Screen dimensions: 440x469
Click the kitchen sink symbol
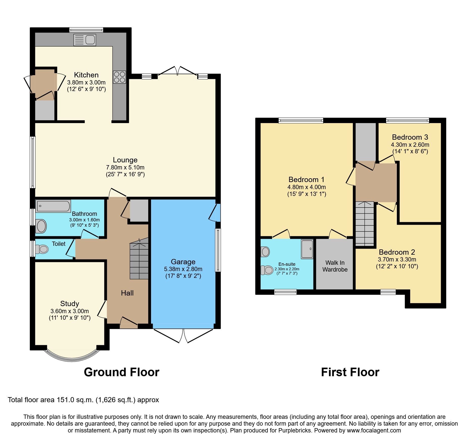pyautogui.click(x=85, y=40)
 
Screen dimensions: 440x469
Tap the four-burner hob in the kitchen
pyautogui.click(x=119, y=77)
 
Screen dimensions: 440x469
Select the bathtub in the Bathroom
pyautogui.click(x=53, y=206)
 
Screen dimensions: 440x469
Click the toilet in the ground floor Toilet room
pyautogui.click(x=42, y=249)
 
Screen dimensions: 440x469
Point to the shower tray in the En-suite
pyautogui.click(x=307, y=249)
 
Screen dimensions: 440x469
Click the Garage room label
pyautogui.click(x=183, y=262)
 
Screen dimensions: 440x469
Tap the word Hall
pyautogui.click(x=127, y=293)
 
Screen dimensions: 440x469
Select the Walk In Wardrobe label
pyautogui.click(x=335, y=266)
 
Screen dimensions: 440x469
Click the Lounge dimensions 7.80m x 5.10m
pyautogui.click(x=125, y=167)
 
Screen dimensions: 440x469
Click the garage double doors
pyautogui.click(x=183, y=335)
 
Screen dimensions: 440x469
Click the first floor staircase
pyautogui.click(x=365, y=224)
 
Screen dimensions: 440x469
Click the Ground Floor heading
pyautogui.click(x=122, y=372)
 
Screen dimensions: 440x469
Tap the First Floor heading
pyautogui.click(x=350, y=372)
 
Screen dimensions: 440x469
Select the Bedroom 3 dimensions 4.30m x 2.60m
pyautogui.click(x=410, y=145)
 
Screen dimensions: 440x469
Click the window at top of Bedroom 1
pyautogui.click(x=301, y=121)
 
